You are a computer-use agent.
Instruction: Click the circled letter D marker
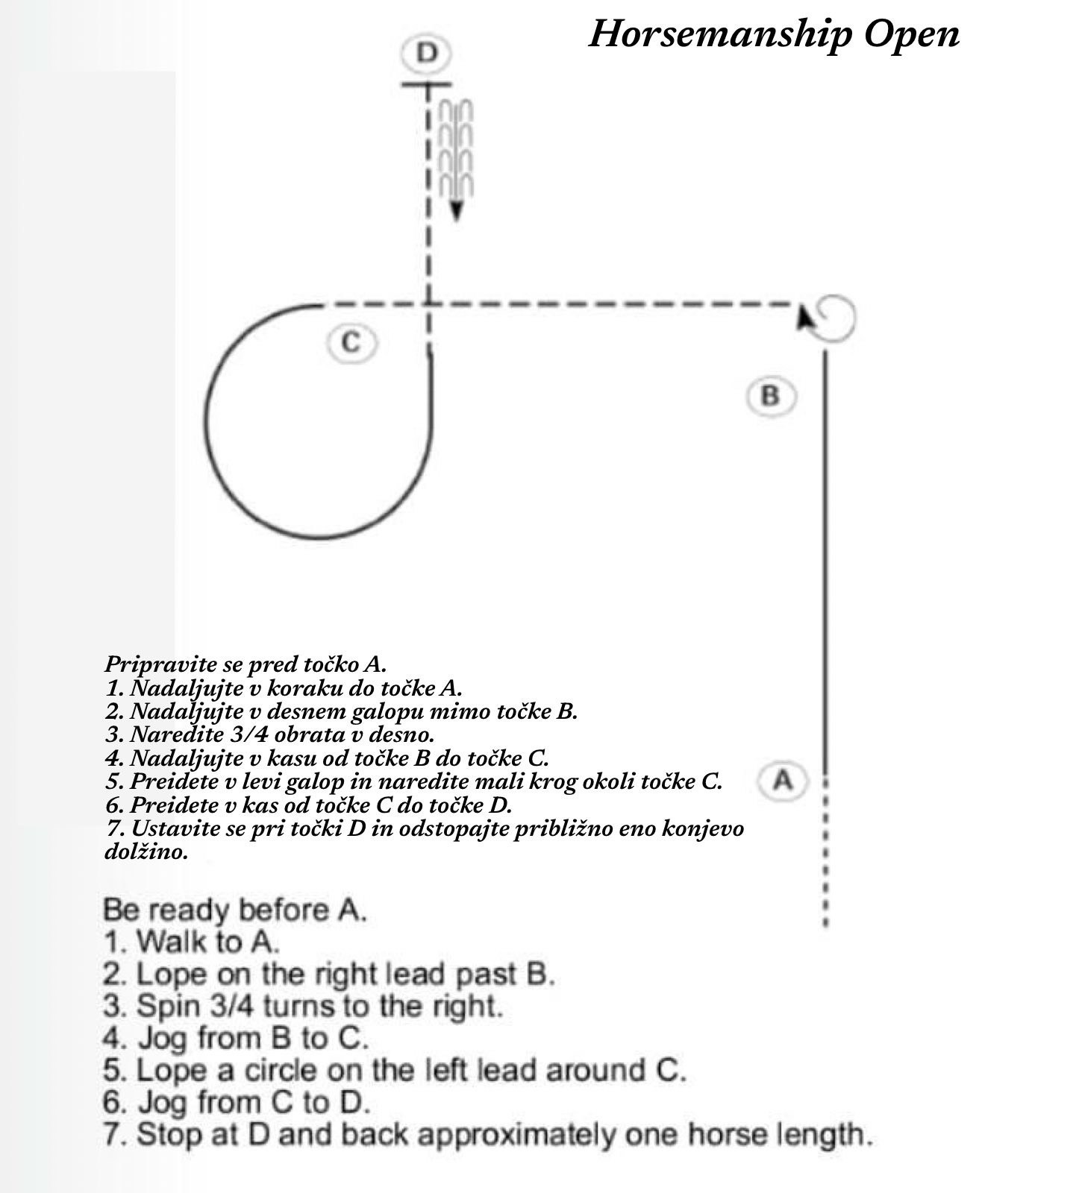428,54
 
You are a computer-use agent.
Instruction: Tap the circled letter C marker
351,342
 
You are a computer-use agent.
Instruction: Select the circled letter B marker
771,395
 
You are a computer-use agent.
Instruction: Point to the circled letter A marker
783,781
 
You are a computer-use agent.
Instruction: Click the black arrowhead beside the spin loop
803,316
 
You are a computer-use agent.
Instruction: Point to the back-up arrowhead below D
457,210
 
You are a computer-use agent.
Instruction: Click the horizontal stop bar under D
428,84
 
